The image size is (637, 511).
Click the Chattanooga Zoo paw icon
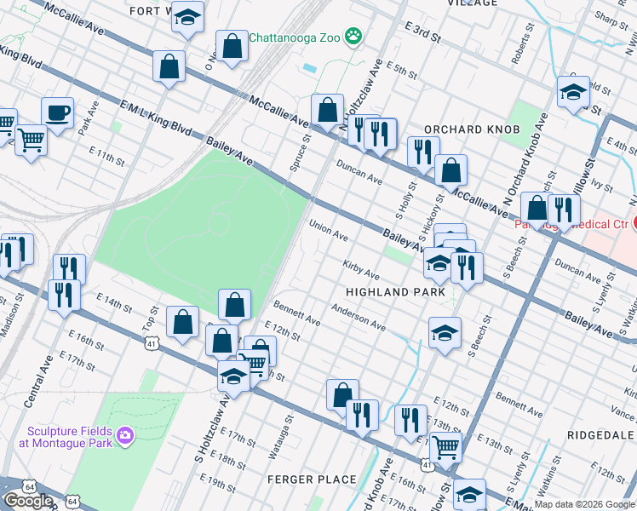pos(353,37)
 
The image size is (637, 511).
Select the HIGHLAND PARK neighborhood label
pos(395,292)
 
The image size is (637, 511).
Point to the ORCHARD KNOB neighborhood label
pos(465,129)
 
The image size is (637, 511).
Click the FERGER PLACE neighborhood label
pos(312,479)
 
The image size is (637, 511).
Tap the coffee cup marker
pos(57,112)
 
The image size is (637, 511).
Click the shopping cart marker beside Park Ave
pos(31,139)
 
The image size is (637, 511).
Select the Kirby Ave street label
pos(361,270)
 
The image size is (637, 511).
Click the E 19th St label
pos(219,485)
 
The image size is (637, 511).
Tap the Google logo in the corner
pos(28,501)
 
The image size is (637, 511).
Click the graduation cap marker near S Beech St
pos(444,333)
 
